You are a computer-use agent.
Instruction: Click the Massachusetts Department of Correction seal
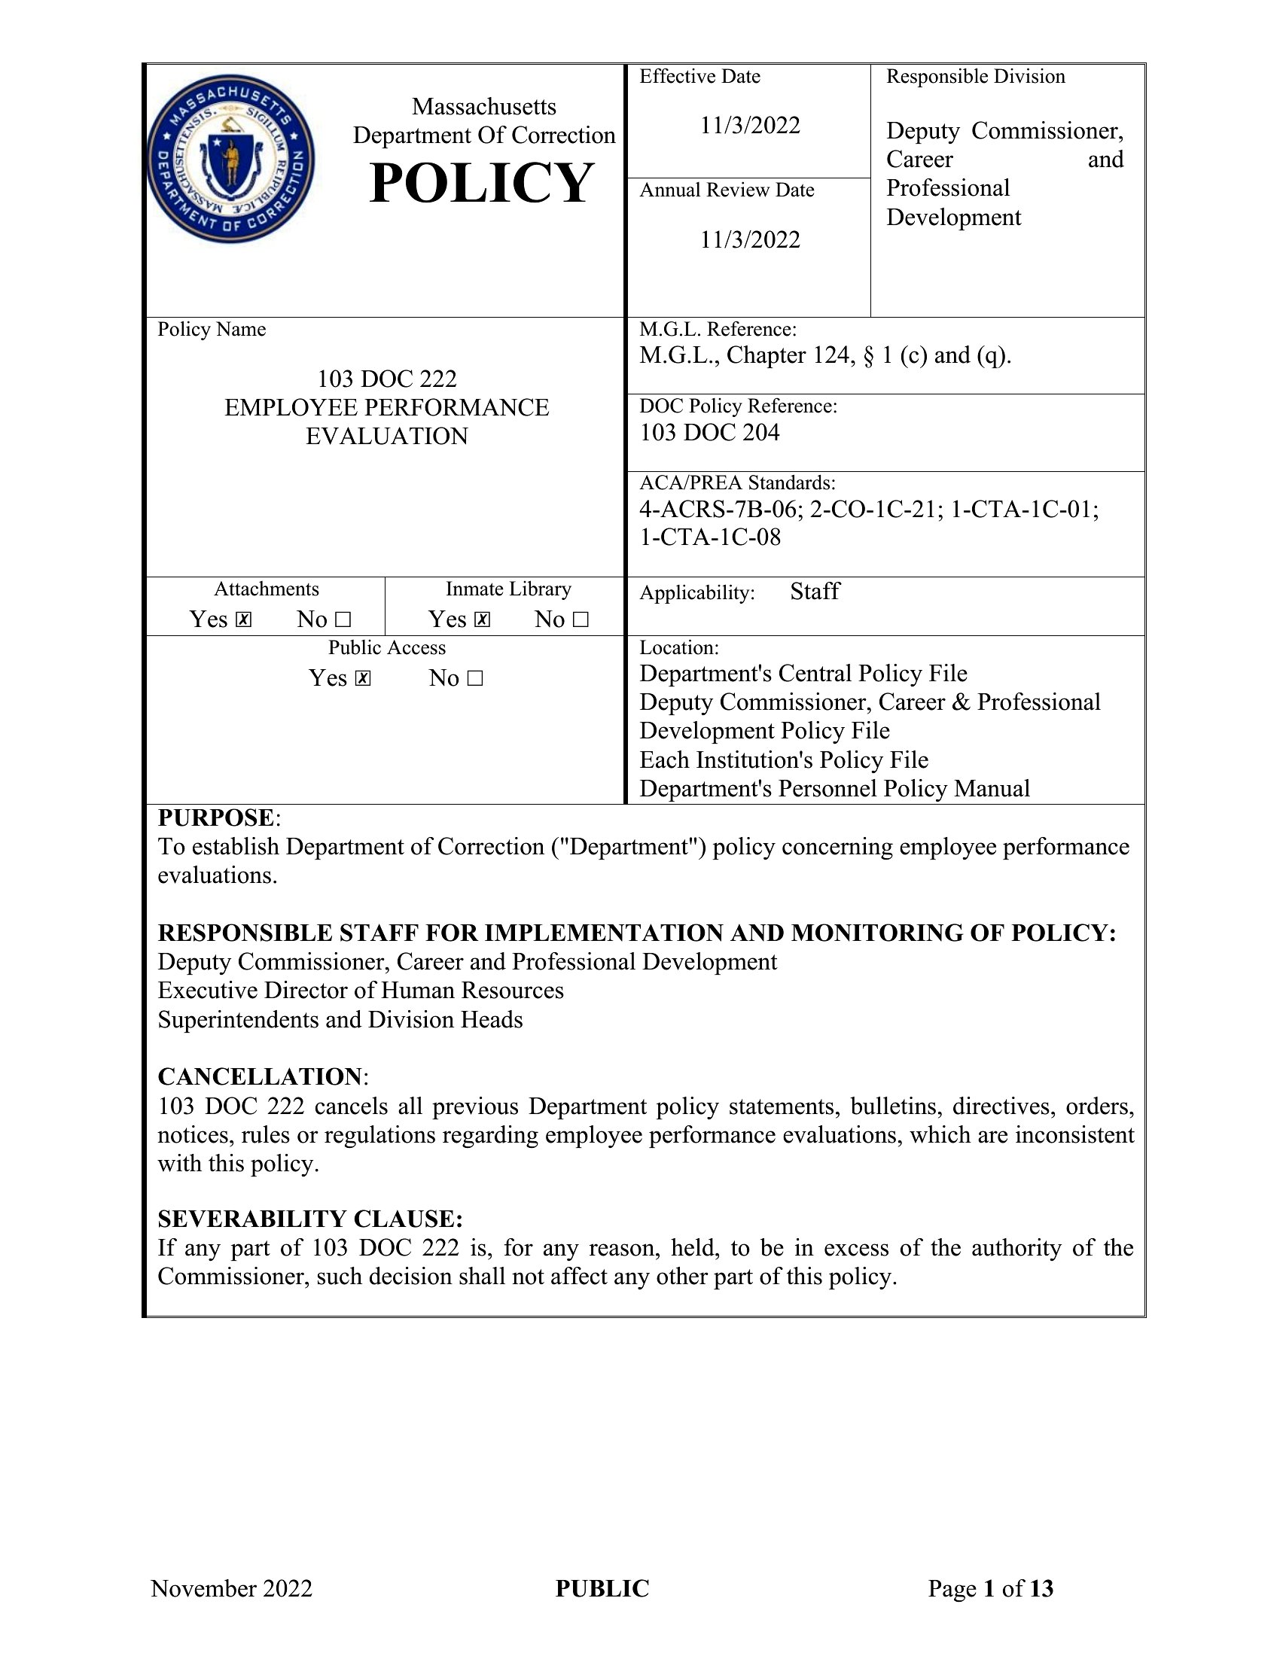coord(230,160)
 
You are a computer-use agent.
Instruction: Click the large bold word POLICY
coord(482,184)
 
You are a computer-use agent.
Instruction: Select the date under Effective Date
coord(749,125)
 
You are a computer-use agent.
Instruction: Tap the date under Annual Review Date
coord(749,239)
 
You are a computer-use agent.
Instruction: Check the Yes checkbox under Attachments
coord(243,620)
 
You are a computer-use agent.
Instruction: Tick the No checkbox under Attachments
coord(343,620)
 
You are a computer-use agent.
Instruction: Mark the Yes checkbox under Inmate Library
coord(483,620)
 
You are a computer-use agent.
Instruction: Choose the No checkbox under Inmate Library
coord(581,620)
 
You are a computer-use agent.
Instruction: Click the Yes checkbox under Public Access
coord(363,679)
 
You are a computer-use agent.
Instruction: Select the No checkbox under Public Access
coord(474,679)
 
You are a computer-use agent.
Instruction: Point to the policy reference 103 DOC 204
coord(709,433)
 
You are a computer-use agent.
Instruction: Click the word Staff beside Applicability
coord(815,592)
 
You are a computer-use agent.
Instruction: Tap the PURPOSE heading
coord(215,818)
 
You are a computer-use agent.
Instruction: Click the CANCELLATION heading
coord(259,1076)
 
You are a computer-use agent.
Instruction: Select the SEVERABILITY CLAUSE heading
coord(309,1219)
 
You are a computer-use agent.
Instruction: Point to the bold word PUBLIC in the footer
coord(602,1588)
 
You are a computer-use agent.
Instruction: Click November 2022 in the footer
coord(231,1588)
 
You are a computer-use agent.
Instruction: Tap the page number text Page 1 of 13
coord(990,1588)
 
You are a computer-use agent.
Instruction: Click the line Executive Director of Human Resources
coord(360,991)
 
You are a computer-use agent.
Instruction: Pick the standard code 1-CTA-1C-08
coord(710,537)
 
